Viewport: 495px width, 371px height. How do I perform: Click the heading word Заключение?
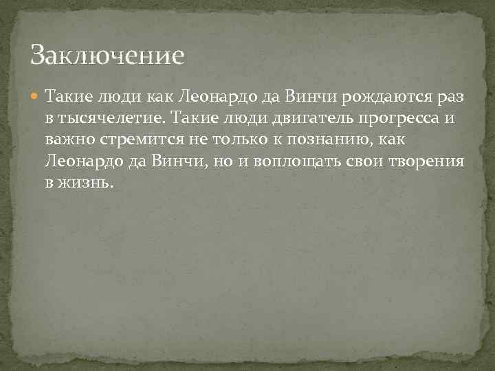(109, 54)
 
